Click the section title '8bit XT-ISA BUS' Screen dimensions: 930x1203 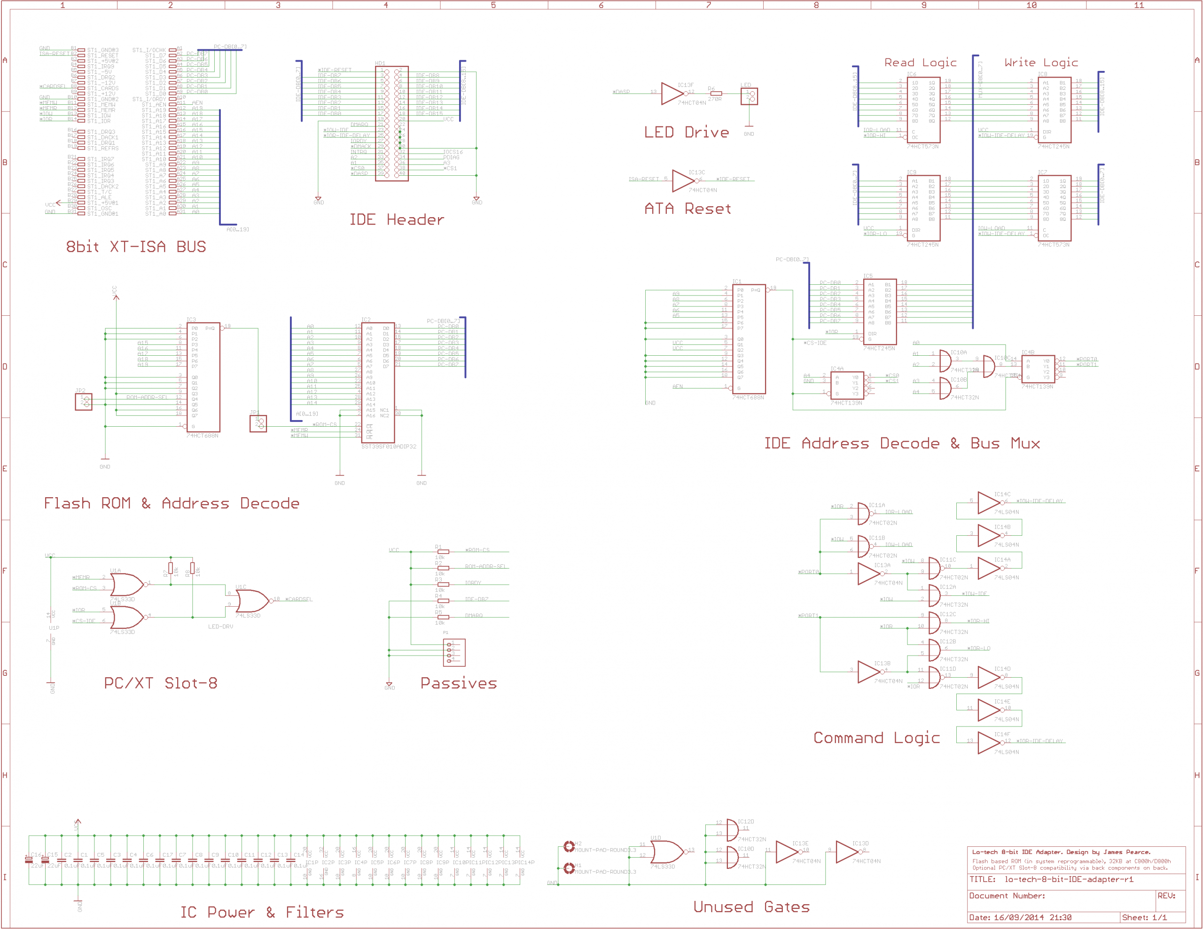[x=136, y=247]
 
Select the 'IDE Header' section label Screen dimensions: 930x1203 [x=397, y=220]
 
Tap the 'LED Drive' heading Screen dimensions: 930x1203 [x=687, y=132]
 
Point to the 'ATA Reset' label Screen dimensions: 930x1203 [x=688, y=209]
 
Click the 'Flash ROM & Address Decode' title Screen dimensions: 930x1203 [x=172, y=504]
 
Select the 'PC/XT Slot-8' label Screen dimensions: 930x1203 [x=161, y=683]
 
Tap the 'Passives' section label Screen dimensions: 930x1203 [x=459, y=683]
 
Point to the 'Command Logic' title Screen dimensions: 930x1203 [x=876, y=738]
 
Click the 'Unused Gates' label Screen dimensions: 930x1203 [x=751, y=907]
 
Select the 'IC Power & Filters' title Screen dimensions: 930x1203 [x=262, y=912]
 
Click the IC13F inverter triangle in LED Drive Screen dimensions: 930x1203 [x=672, y=94]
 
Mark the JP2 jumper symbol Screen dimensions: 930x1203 [x=84, y=402]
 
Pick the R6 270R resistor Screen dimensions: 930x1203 [x=716, y=94]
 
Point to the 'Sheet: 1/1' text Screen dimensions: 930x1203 [x=1145, y=917]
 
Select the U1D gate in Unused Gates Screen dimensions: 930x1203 [x=666, y=852]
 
